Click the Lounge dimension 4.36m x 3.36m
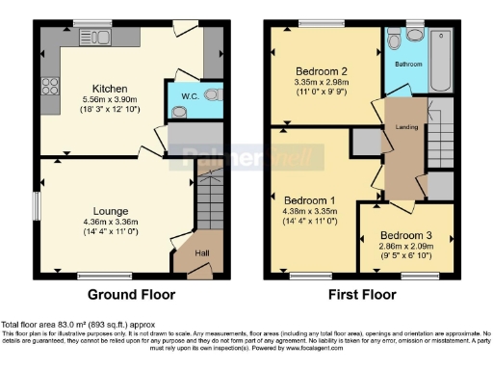point(112,223)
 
